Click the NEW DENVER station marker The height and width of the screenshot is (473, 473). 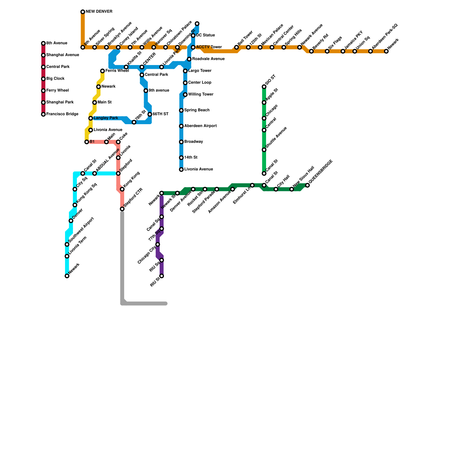click(83, 12)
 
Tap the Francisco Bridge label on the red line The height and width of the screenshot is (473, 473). click(62, 114)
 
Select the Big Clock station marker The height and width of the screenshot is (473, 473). click(43, 79)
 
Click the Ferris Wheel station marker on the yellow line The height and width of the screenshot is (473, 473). click(102, 71)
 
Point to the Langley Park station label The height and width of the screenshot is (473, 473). click(106, 118)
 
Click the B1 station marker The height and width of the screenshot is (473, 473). click(87, 142)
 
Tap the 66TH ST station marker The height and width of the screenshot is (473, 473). click(150, 114)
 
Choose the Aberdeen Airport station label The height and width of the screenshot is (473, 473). click(200, 126)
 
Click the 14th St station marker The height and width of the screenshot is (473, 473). click(181, 158)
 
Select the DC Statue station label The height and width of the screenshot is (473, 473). click(205, 35)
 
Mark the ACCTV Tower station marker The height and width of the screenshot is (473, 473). click(193, 47)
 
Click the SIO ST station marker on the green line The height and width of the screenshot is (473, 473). click(264, 87)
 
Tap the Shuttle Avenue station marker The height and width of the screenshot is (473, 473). click(264, 150)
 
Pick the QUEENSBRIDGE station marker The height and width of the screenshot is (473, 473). click(307, 185)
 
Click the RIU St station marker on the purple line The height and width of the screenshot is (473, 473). click(162, 276)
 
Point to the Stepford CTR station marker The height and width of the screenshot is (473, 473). click(122, 209)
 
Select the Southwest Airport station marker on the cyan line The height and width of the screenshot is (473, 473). click(67, 244)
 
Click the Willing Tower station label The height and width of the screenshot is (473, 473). click(200, 95)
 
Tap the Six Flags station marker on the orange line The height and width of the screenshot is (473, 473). click(327, 51)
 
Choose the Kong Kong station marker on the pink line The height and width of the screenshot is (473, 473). click(122, 189)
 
